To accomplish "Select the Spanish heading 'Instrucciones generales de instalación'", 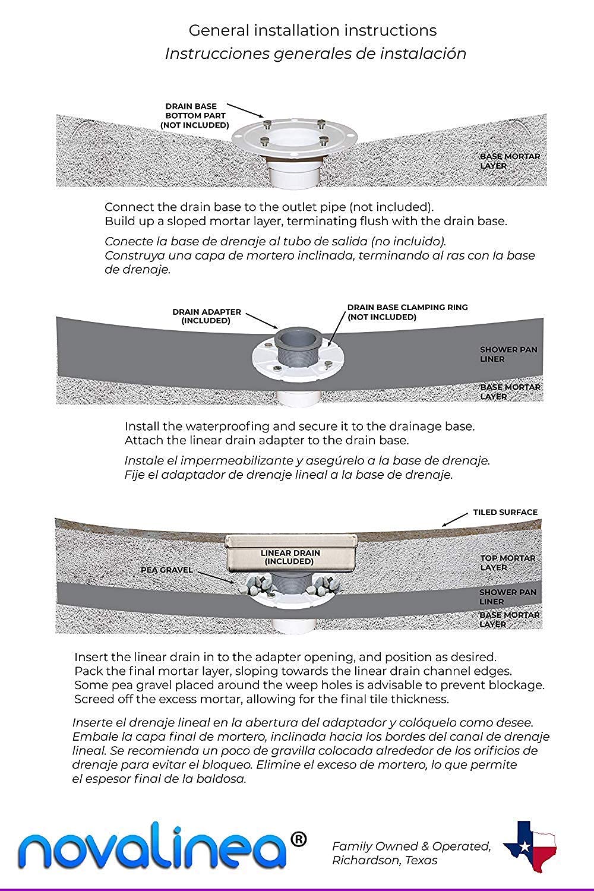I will pyautogui.click(x=315, y=53).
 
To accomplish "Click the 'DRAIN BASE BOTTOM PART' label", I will pyautogui.click(x=194, y=116).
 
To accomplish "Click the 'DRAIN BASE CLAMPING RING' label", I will pyautogui.click(x=407, y=312).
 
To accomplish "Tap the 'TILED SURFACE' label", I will pyautogui.click(x=505, y=512).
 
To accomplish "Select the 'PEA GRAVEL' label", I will pyautogui.click(x=166, y=570).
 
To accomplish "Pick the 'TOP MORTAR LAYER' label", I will pyautogui.click(x=508, y=563).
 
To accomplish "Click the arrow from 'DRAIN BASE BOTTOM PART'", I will pyautogui.click(x=245, y=109).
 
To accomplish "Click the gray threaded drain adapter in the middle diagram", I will pyautogui.click(x=299, y=350).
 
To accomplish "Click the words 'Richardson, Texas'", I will pyautogui.click(x=384, y=860).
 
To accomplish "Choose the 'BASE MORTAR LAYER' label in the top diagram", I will pyautogui.click(x=510, y=161).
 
